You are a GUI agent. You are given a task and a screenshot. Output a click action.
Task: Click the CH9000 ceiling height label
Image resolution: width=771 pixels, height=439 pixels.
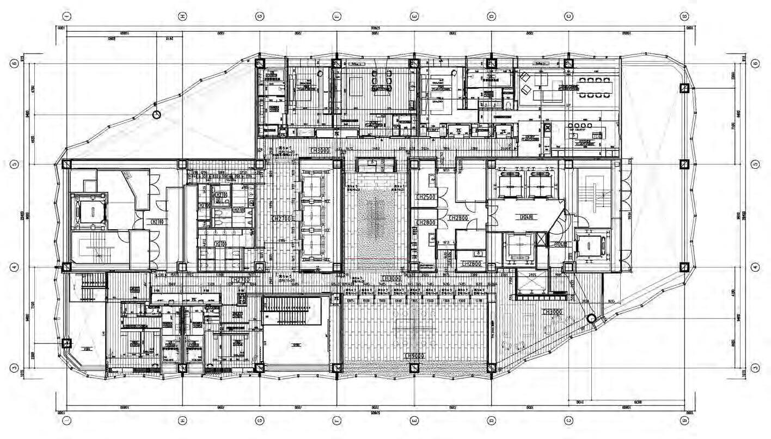414,356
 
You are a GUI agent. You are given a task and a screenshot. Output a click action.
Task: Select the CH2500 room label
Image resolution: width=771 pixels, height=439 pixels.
425,196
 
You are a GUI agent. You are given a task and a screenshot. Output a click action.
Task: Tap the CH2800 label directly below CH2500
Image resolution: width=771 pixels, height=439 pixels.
425,222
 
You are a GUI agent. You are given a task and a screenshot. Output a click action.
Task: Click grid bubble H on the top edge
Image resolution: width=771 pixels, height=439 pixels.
183,16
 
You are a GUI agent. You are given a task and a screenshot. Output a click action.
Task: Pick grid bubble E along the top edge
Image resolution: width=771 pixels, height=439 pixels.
415,16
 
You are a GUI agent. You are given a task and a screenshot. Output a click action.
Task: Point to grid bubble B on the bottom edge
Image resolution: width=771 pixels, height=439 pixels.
684,420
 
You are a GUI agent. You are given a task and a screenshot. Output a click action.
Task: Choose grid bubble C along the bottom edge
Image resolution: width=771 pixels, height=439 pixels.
569,420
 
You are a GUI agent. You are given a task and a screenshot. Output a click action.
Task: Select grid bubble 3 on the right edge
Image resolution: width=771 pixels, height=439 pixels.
755,368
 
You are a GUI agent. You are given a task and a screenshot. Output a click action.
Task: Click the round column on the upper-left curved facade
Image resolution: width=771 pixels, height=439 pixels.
157,115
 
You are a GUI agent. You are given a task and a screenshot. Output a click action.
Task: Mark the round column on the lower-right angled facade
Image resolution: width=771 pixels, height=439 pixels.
590,319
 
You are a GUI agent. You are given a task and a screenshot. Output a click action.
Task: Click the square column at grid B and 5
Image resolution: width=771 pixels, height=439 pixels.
684,164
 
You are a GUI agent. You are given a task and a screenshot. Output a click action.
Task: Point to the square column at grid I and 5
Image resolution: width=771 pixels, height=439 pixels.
66,164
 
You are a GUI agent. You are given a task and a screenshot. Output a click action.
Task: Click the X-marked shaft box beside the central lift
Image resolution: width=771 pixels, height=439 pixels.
541,238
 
